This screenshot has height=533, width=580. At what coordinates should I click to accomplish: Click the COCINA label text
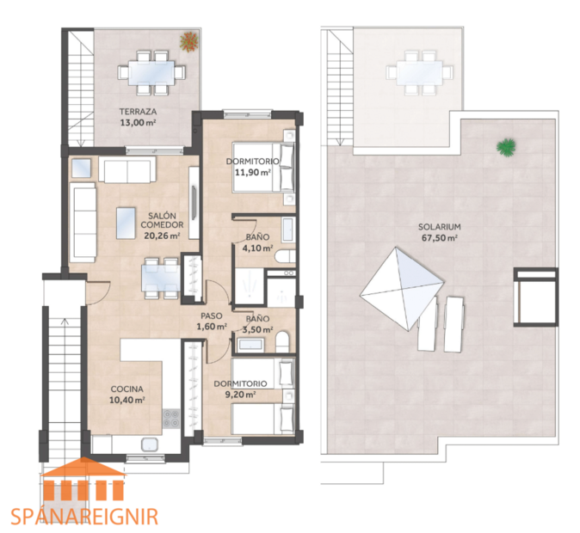(x=126, y=389)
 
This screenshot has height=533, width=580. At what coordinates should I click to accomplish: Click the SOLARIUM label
(x=438, y=227)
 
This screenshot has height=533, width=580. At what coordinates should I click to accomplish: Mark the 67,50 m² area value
(x=438, y=238)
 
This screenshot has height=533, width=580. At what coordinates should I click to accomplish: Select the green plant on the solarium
(x=506, y=147)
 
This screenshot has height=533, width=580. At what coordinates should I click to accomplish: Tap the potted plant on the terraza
(x=188, y=40)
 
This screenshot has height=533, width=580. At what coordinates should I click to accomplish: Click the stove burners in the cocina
(x=172, y=418)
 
